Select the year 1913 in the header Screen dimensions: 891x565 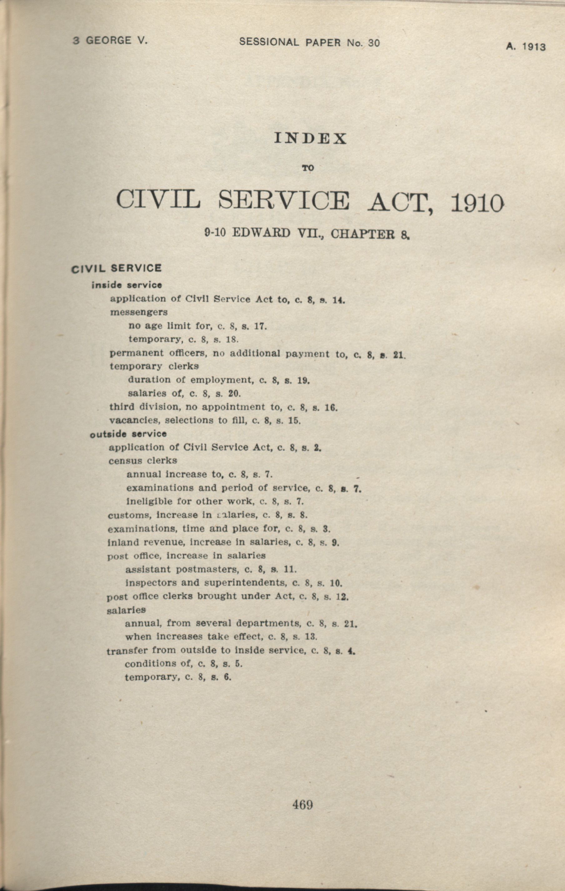533,47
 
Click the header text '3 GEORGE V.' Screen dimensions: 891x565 110,40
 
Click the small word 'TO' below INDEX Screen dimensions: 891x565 308,168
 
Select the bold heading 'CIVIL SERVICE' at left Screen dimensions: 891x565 117,268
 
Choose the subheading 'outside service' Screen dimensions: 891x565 128,434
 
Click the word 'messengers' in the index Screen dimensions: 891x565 139,312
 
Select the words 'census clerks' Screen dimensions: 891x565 143,461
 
